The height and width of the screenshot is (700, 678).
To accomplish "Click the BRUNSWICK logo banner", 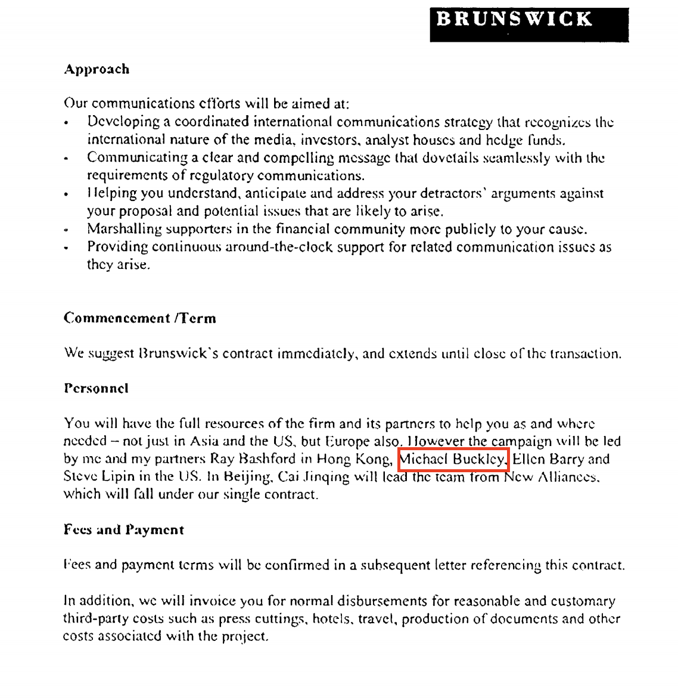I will click(529, 24).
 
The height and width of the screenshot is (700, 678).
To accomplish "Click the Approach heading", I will click(97, 69).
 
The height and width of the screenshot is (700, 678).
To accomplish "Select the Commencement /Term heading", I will click(139, 318).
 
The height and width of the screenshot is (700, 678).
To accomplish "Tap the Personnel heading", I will click(96, 388).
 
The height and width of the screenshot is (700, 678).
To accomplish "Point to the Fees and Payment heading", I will click(124, 529).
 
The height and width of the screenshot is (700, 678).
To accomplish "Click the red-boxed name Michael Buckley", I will click(453, 459).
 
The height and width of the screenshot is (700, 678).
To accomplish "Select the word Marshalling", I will click(124, 229).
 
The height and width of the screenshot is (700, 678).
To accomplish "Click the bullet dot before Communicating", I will click(67, 159).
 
